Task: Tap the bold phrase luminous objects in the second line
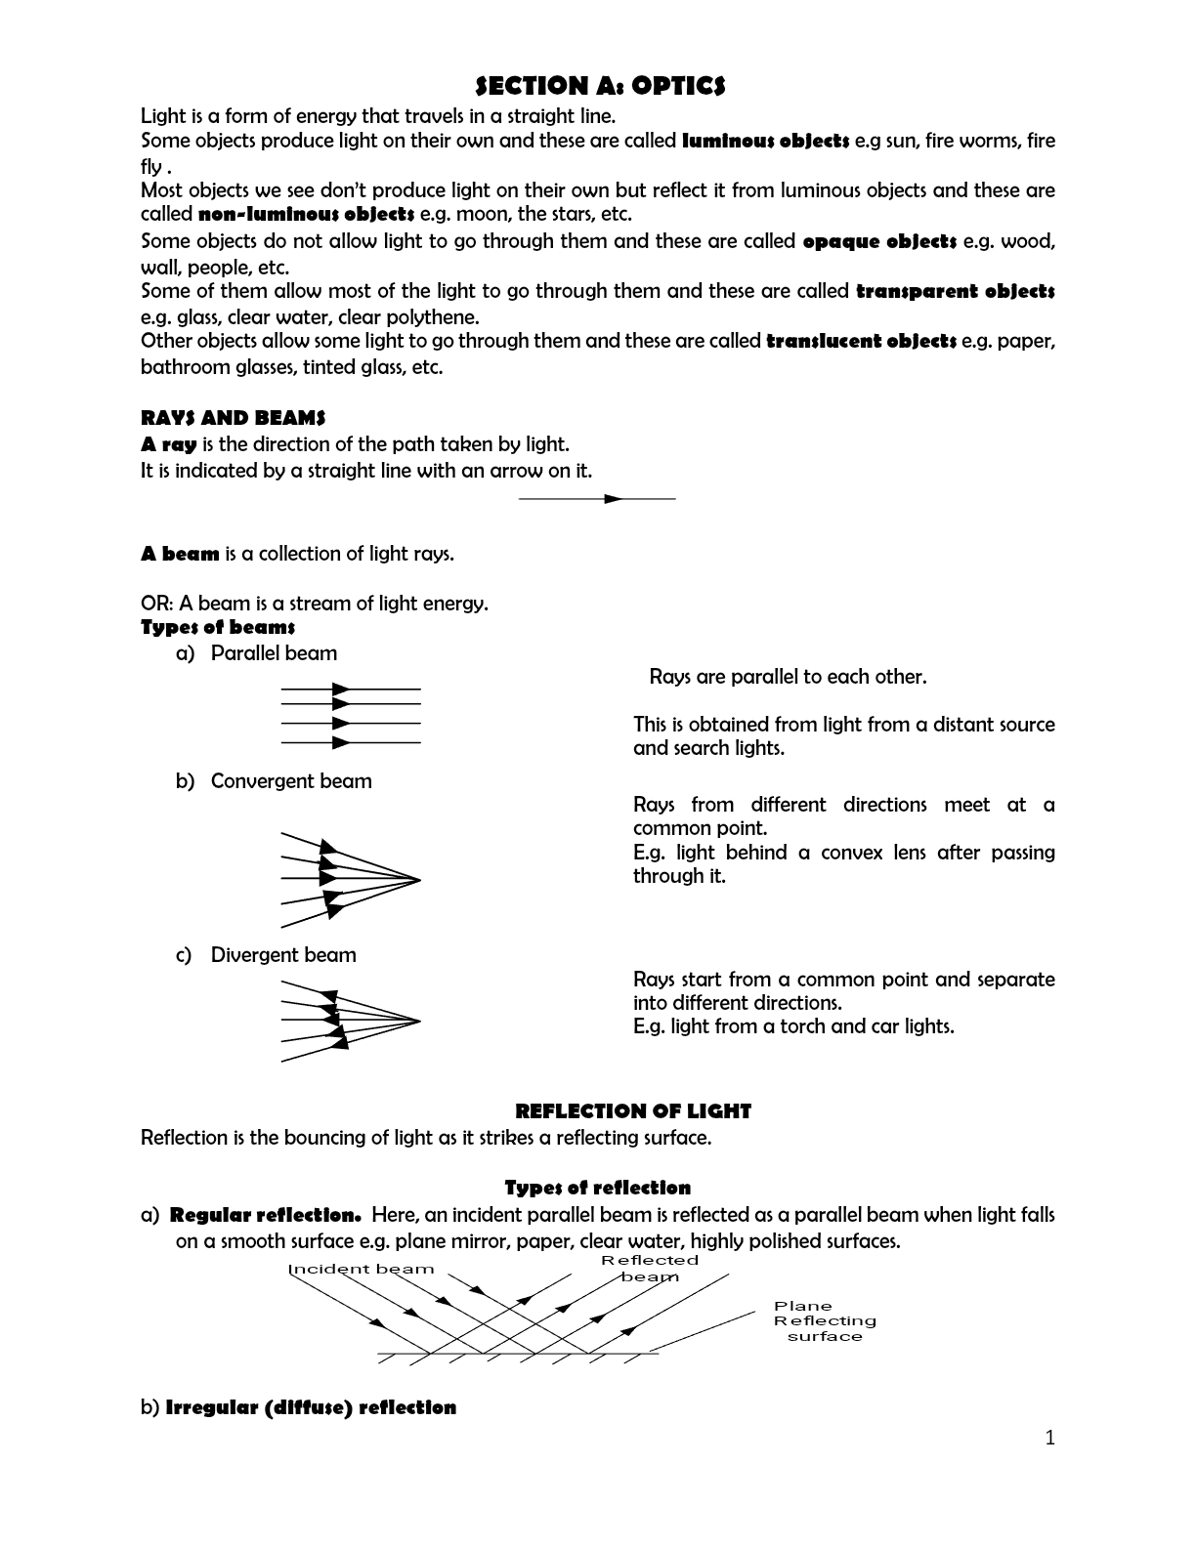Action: (764, 141)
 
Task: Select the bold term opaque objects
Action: (878, 241)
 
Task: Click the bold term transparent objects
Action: (955, 291)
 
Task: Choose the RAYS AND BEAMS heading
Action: (233, 418)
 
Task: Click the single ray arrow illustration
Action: (597, 499)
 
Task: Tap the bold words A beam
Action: (180, 554)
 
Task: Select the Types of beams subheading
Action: (218, 627)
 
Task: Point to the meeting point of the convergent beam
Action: (419, 880)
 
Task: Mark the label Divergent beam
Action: (283, 955)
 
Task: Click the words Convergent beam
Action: (291, 781)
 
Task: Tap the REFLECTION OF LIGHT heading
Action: (632, 1111)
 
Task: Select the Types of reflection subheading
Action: (597, 1188)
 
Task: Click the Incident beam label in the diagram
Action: (361, 1269)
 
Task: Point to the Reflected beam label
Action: (650, 1268)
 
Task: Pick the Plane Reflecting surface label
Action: (824, 1320)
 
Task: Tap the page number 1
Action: (1050, 1437)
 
